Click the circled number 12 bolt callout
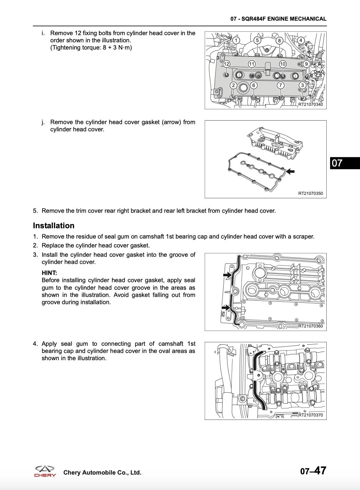[x=226, y=64]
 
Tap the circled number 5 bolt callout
[x=257, y=40]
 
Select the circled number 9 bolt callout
[x=306, y=64]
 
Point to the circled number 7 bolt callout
[x=281, y=85]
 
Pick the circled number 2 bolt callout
[x=233, y=85]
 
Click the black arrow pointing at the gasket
[x=291, y=171]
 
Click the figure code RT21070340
[x=310, y=104]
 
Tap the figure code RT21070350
[x=310, y=193]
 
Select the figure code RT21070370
[x=310, y=415]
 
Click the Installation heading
[x=54, y=225]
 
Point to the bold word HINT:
[x=49, y=273]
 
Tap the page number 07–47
[x=313, y=471]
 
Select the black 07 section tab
[x=345, y=163]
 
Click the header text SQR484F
[x=254, y=19]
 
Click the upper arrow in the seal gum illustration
[x=227, y=275]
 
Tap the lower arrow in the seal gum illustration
[x=226, y=308]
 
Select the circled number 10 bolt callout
[x=283, y=64]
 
